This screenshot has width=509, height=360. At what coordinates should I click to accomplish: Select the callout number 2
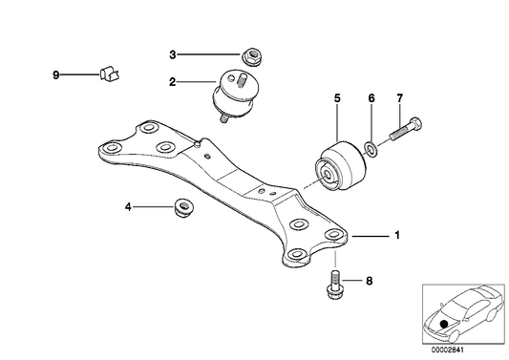173,83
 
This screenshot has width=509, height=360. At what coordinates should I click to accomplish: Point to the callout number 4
129,206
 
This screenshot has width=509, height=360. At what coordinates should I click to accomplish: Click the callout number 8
369,281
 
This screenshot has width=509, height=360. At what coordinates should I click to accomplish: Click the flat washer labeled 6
371,148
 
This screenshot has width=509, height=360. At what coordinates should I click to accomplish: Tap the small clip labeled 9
108,73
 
